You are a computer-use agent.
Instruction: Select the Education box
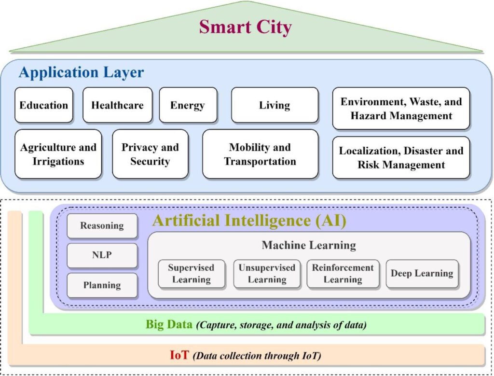pos(44,105)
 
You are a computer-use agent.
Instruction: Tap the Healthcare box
pos(117,105)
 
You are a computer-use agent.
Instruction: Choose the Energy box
pos(188,105)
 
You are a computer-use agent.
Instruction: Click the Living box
pos(274,105)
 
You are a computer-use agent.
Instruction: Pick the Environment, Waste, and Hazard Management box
pos(401,109)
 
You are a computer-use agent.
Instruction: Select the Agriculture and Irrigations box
pos(58,154)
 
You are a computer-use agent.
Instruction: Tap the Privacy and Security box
pos(150,154)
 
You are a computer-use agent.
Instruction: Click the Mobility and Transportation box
pos(260,154)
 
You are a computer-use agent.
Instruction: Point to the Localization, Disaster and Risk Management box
pos(401,157)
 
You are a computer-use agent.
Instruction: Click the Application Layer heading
pos(81,72)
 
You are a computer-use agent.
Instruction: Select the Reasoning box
pos(102,225)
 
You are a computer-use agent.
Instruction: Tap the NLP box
pos(102,255)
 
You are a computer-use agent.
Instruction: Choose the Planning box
pos(102,285)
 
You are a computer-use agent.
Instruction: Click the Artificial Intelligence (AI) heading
pos(249,221)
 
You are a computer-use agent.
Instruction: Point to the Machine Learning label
pos(309,245)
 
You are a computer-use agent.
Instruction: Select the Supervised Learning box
pos(191,274)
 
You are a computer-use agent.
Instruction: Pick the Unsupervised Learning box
pos(267,274)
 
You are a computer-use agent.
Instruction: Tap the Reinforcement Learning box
pos(343,274)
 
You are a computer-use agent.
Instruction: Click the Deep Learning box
pos(422,274)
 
